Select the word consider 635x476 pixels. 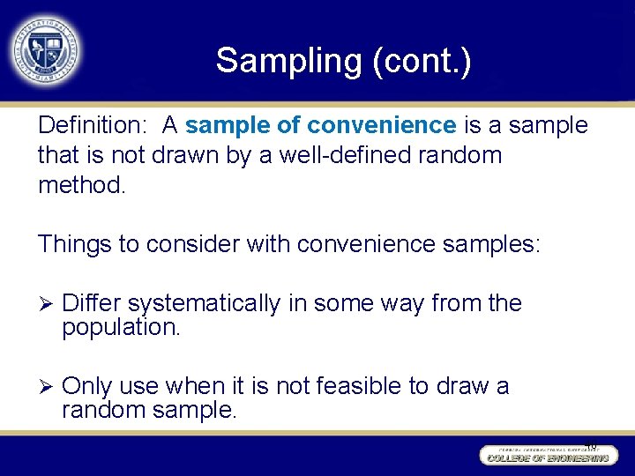point(189,244)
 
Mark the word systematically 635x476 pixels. point(203,304)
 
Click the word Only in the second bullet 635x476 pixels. point(87,387)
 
